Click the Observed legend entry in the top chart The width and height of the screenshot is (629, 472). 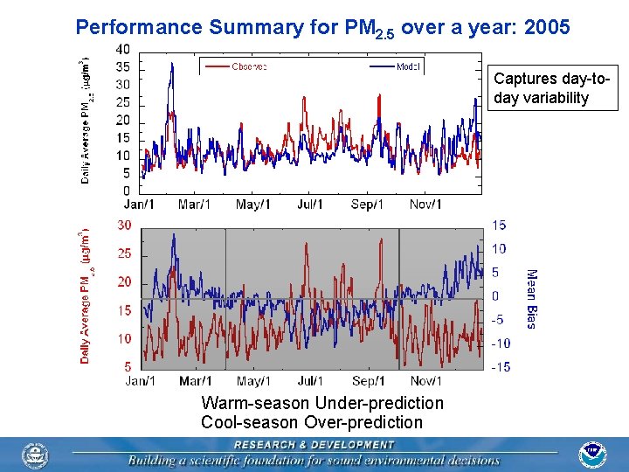pyautogui.click(x=249, y=66)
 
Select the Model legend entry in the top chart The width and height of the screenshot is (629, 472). pyautogui.click(x=407, y=66)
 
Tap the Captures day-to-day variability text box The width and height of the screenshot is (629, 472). pyautogui.click(x=555, y=87)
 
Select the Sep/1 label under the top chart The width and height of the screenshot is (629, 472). pyautogui.click(x=367, y=205)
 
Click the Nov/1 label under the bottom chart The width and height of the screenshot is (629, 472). pyautogui.click(x=425, y=381)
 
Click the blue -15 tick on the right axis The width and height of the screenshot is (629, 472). pyautogui.click(x=500, y=367)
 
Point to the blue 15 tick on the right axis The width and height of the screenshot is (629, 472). pyautogui.click(x=500, y=226)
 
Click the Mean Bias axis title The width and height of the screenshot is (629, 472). pyautogui.click(x=530, y=298)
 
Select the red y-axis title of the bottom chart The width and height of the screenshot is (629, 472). pyautogui.click(x=86, y=297)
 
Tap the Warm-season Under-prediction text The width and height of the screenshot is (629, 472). pyautogui.click(x=322, y=403)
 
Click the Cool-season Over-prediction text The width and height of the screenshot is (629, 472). pyautogui.click(x=312, y=422)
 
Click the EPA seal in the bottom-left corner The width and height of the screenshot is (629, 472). pyautogui.click(x=36, y=455)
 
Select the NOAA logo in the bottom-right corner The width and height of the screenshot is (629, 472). pyautogui.click(x=592, y=455)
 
